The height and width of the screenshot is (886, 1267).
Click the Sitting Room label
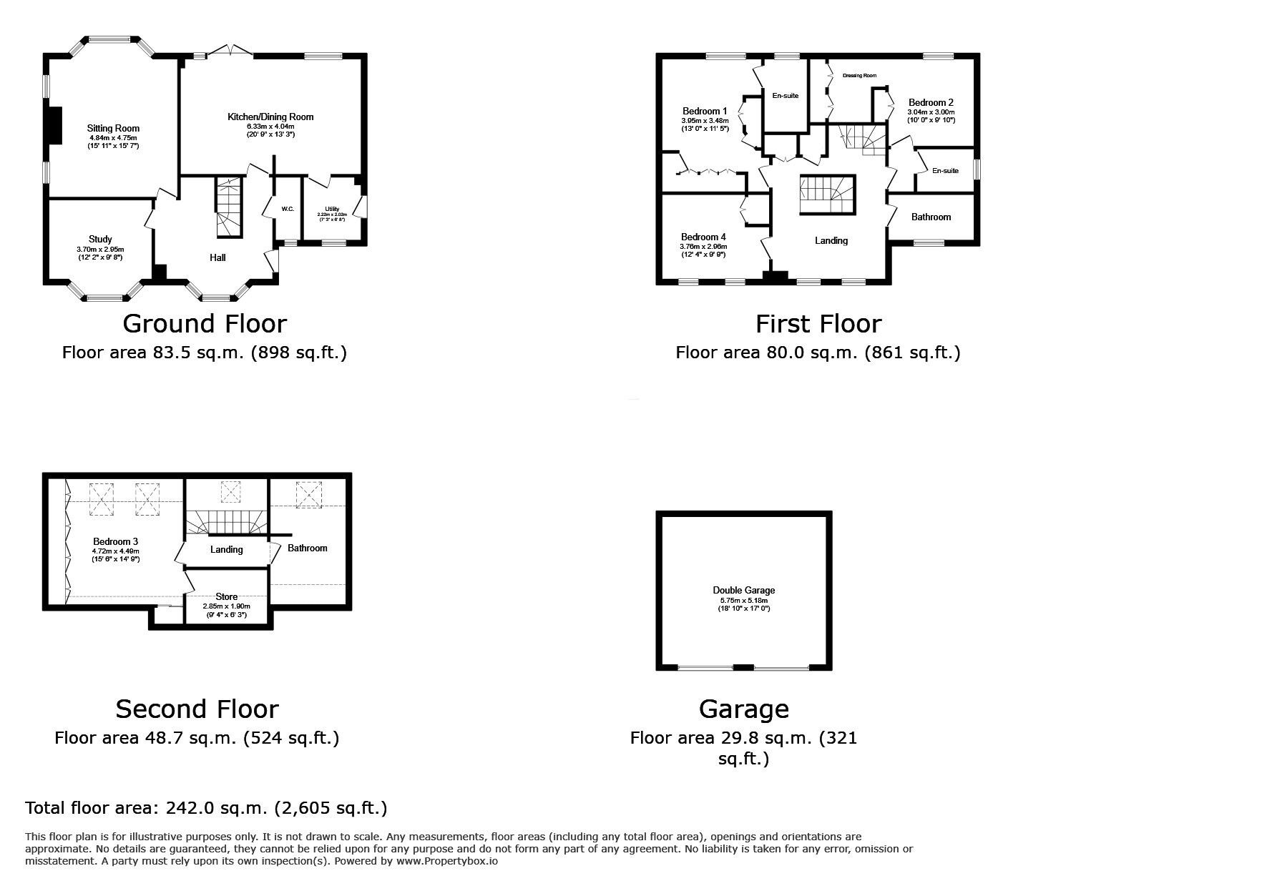click(x=113, y=129)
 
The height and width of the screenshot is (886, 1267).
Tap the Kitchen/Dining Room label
click(x=270, y=117)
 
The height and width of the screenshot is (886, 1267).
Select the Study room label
click(x=100, y=239)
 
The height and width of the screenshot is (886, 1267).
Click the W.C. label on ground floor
click(x=288, y=209)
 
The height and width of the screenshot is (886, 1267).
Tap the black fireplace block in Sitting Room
click(x=54, y=128)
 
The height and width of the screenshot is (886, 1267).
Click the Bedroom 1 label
click(x=704, y=111)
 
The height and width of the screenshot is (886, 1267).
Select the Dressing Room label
click(x=858, y=75)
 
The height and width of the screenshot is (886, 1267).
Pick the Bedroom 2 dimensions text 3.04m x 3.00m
click(x=931, y=112)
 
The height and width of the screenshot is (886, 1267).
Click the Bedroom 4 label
click(x=703, y=237)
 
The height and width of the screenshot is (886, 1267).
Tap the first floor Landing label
click(x=831, y=240)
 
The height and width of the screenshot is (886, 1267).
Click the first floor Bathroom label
click(x=930, y=217)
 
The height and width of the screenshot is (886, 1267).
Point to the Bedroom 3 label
click(x=114, y=541)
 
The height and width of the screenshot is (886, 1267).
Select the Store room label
click(x=226, y=596)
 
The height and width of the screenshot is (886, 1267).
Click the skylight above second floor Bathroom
click(x=309, y=494)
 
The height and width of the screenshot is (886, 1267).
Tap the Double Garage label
click(x=743, y=590)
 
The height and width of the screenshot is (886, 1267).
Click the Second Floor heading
click(x=197, y=709)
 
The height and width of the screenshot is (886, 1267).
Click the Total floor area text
click(x=206, y=808)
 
